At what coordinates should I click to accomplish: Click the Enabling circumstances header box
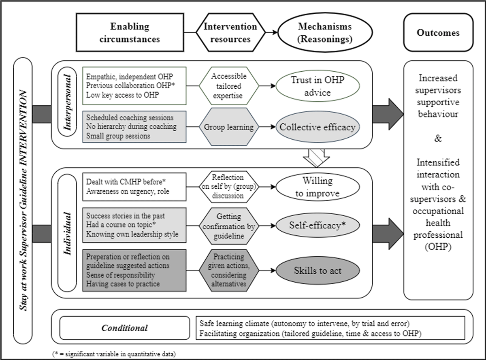coord(130,32)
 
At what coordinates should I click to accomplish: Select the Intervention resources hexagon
coord(230,32)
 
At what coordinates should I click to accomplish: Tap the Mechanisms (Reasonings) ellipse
coord(325,32)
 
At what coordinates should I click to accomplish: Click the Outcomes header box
coord(438,32)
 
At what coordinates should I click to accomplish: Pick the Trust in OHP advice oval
coord(318,86)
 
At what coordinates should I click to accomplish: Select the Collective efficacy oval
coord(318,127)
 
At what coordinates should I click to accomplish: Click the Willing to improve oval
coord(318,187)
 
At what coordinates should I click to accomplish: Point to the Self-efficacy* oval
coord(318,226)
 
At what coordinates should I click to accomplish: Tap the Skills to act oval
coord(318,271)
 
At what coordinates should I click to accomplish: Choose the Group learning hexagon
coord(229,127)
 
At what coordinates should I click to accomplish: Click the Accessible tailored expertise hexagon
coord(229,86)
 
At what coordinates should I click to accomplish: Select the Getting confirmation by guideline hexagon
coord(229,226)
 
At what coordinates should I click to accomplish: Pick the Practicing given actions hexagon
coord(229,271)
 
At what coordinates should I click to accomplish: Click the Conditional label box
coord(125,328)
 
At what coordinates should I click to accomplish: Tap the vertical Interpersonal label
coord(67,102)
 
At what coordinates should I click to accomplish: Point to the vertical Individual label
coord(67,233)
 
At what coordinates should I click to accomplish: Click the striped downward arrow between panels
coord(316,158)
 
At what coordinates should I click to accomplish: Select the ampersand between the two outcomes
coord(438,138)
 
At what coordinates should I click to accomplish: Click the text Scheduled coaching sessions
coord(130,118)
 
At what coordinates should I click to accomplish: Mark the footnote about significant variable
coord(114,354)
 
